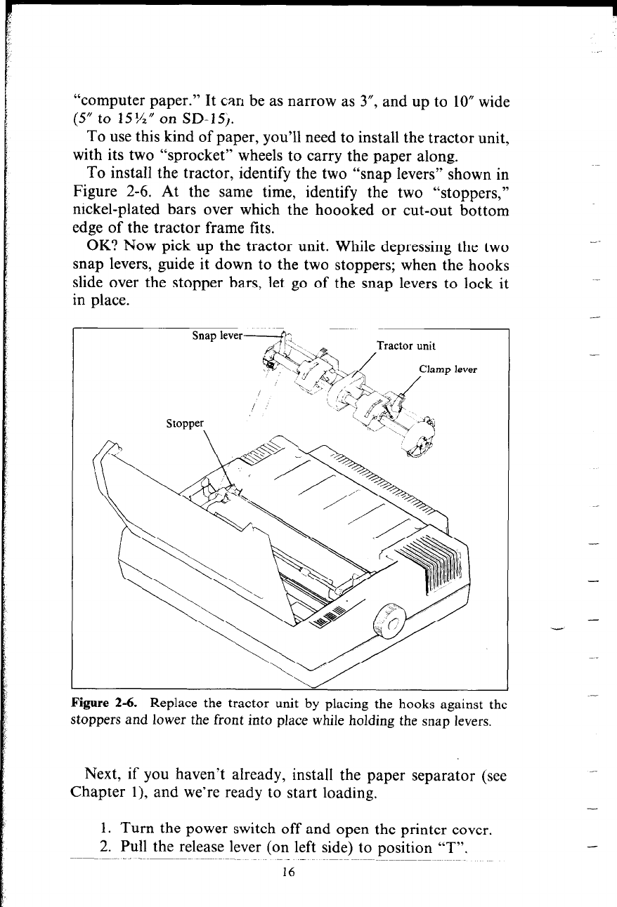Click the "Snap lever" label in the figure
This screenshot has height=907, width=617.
(x=217, y=336)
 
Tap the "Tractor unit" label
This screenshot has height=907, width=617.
(x=406, y=345)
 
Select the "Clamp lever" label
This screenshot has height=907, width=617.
(x=448, y=370)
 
